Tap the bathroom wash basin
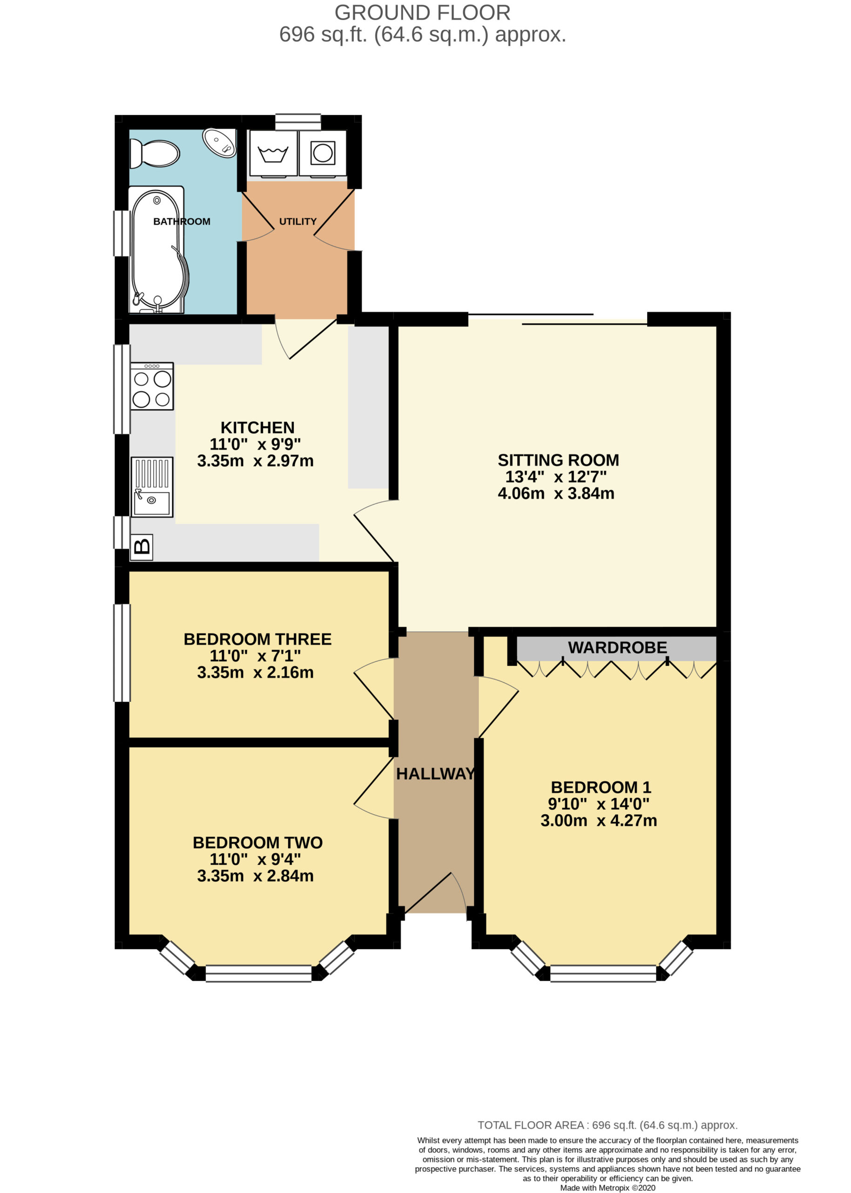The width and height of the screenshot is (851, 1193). pyautogui.click(x=220, y=143)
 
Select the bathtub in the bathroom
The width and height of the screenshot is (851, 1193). pyautogui.click(x=157, y=250)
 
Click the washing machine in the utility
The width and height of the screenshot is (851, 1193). pyautogui.click(x=273, y=154)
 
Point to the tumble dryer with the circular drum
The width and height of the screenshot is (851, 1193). pyautogui.click(x=322, y=153)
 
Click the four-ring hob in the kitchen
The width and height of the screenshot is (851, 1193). pyautogui.click(x=152, y=386)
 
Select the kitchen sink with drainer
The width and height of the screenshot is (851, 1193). pyautogui.click(x=152, y=487)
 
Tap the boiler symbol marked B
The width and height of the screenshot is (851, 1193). pyautogui.click(x=142, y=548)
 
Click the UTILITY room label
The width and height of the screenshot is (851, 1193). pyautogui.click(x=297, y=222)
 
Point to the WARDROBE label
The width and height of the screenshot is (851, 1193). pyautogui.click(x=617, y=648)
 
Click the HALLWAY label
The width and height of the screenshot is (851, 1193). pyautogui.click(x=435, y=774)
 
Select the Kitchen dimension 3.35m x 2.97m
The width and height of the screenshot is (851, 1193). pyautogui.click(x=255, y=461)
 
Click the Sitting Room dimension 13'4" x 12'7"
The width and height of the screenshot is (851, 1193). pyautogui.click(x=556, y=477)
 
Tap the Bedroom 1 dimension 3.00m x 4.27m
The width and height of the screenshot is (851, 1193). pyautogui.click(x=598, y=821)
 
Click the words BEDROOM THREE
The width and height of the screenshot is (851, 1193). pyautogui.click(x=257, y=639)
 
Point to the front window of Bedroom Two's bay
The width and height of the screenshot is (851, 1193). pyautogui.click(x=258, y=974)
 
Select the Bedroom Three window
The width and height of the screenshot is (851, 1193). pyautogui.click(x=122, y=652)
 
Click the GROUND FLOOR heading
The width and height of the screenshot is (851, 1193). pyautogui.click(x=422, y=13)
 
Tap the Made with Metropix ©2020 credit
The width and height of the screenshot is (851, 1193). pyautogui.click(x=608, y=1188)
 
